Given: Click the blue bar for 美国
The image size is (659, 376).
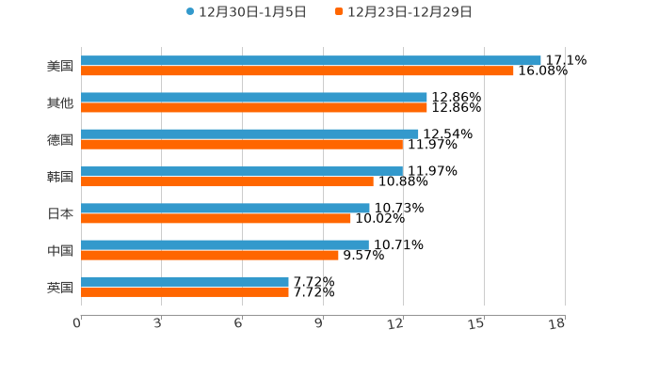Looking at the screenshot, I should (311, 60).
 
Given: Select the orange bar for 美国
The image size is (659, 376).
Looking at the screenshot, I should (297, 70).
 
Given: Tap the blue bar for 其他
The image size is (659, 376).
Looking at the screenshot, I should (254, 98).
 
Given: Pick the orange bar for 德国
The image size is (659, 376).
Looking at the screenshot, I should (242, 144).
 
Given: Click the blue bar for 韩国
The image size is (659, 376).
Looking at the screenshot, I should (242, 171).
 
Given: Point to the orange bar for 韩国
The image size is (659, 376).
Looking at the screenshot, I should (227, 181).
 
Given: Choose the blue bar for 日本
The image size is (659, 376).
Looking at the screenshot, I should (225, 208).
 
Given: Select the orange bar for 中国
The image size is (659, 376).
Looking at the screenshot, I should (210, 255).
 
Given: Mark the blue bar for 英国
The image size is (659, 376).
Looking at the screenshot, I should (185, 281).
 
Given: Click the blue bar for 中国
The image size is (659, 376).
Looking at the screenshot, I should (225, 244).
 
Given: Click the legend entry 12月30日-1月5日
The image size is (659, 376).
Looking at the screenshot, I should (239, 12).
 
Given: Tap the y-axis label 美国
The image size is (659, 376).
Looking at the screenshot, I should (60, 67).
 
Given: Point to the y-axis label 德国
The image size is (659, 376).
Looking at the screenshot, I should (60, 140).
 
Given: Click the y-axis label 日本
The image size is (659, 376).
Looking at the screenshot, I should (60, 214).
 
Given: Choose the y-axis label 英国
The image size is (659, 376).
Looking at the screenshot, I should (60, 288).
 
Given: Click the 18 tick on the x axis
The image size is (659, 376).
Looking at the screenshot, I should (557, 323).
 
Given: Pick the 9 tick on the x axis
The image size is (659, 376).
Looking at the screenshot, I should (319, 323).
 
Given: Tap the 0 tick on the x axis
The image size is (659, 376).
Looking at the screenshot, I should (77, 323).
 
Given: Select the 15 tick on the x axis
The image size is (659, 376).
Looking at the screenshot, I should (476, 323).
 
